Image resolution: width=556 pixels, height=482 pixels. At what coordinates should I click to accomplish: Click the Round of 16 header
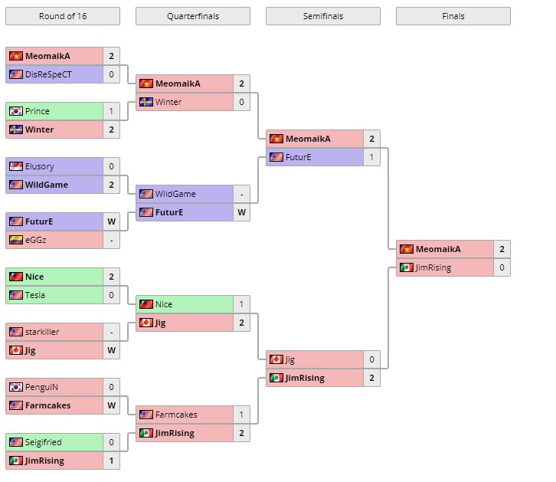[x=62, y=16]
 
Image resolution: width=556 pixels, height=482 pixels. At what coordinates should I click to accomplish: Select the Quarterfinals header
[x=192, y=16]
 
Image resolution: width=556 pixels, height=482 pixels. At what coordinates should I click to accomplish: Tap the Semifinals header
[x=322, y=16]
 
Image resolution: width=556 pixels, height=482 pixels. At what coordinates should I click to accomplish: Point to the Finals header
[x=453, y=16]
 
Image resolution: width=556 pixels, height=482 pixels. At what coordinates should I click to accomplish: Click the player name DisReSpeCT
[x=53, y=74]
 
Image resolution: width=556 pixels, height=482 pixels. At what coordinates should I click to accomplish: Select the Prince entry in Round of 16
[x=38, y=111]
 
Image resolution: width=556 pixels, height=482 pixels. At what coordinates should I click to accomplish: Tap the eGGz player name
[x=38, y=240]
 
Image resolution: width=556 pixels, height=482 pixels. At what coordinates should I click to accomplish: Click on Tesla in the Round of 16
[x=35, y=295]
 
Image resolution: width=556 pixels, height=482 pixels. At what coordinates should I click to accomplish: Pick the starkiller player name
[x=43, y=332]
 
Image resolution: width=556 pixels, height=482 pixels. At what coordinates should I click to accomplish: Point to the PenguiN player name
[x=42, y=387]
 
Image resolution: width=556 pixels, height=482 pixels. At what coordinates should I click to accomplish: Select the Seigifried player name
[x=44, y=442]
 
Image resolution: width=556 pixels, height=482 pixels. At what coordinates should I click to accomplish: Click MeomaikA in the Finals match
[x=438, y=249]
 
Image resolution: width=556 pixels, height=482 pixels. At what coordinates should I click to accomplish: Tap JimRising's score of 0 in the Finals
[x=501, y=267]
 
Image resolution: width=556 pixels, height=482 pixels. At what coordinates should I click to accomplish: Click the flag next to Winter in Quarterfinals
[x=146, y=102]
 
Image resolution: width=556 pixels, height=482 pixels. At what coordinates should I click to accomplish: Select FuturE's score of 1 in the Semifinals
[x=371, y=157]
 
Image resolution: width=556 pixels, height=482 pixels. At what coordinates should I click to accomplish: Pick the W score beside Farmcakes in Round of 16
[x=111, y=405]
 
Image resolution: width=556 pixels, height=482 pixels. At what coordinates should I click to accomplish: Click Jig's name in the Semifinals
[x=290, y=359]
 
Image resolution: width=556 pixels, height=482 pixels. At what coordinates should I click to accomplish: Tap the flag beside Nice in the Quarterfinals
[x=146, y=304]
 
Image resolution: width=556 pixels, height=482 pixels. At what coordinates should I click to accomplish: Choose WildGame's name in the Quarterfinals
[x=175, y=194]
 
